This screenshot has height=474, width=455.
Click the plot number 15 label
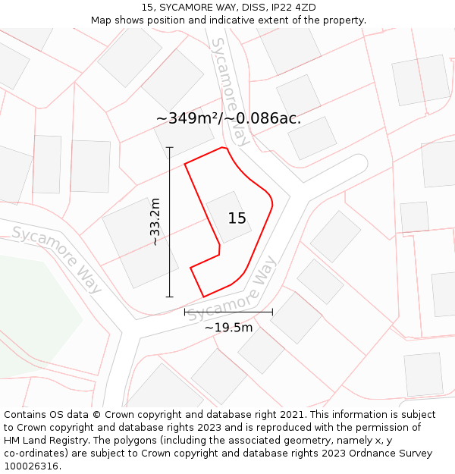[x=237, y=218]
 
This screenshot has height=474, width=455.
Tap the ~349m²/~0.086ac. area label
[x=228, y=118]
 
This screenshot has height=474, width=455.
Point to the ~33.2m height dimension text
[x=155, y=221]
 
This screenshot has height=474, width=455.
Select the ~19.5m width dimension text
[x=228, y=327]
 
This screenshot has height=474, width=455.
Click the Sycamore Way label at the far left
[x=57, y=259]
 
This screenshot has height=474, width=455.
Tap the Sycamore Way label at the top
[x=231, y=91]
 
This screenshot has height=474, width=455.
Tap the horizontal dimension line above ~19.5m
[x=228, y=311]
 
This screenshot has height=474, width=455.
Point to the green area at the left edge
[x=30, y=319]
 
